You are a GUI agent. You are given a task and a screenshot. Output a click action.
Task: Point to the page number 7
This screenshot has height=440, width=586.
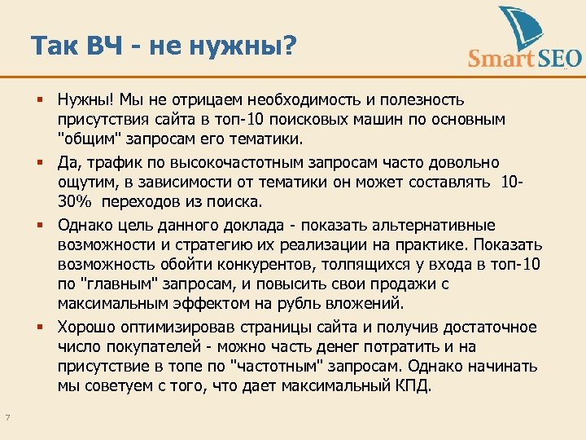7,418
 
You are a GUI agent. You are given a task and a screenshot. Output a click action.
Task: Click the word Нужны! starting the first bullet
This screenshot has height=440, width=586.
85,100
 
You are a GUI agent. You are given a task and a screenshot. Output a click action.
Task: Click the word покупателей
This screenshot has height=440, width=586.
139,346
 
